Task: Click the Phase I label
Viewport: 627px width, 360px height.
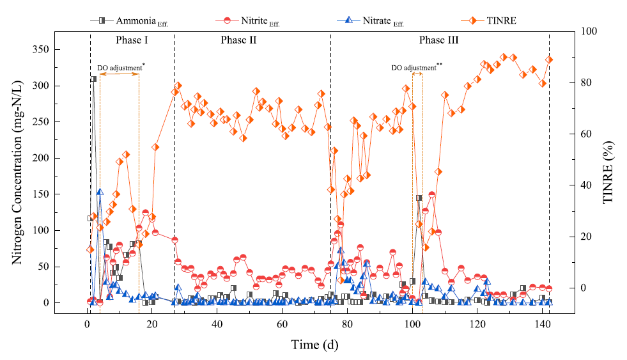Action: (132, 40)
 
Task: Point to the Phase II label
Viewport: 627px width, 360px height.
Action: (239, 40)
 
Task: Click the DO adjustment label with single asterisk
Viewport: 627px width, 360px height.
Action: (121, 67)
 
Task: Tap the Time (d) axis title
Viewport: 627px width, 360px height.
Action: (315, 345)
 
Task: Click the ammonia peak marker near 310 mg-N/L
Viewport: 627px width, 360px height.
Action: (93, 79)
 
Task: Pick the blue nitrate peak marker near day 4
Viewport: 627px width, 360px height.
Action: (100, 192)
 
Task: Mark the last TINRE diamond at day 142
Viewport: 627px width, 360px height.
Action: (549, 60)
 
